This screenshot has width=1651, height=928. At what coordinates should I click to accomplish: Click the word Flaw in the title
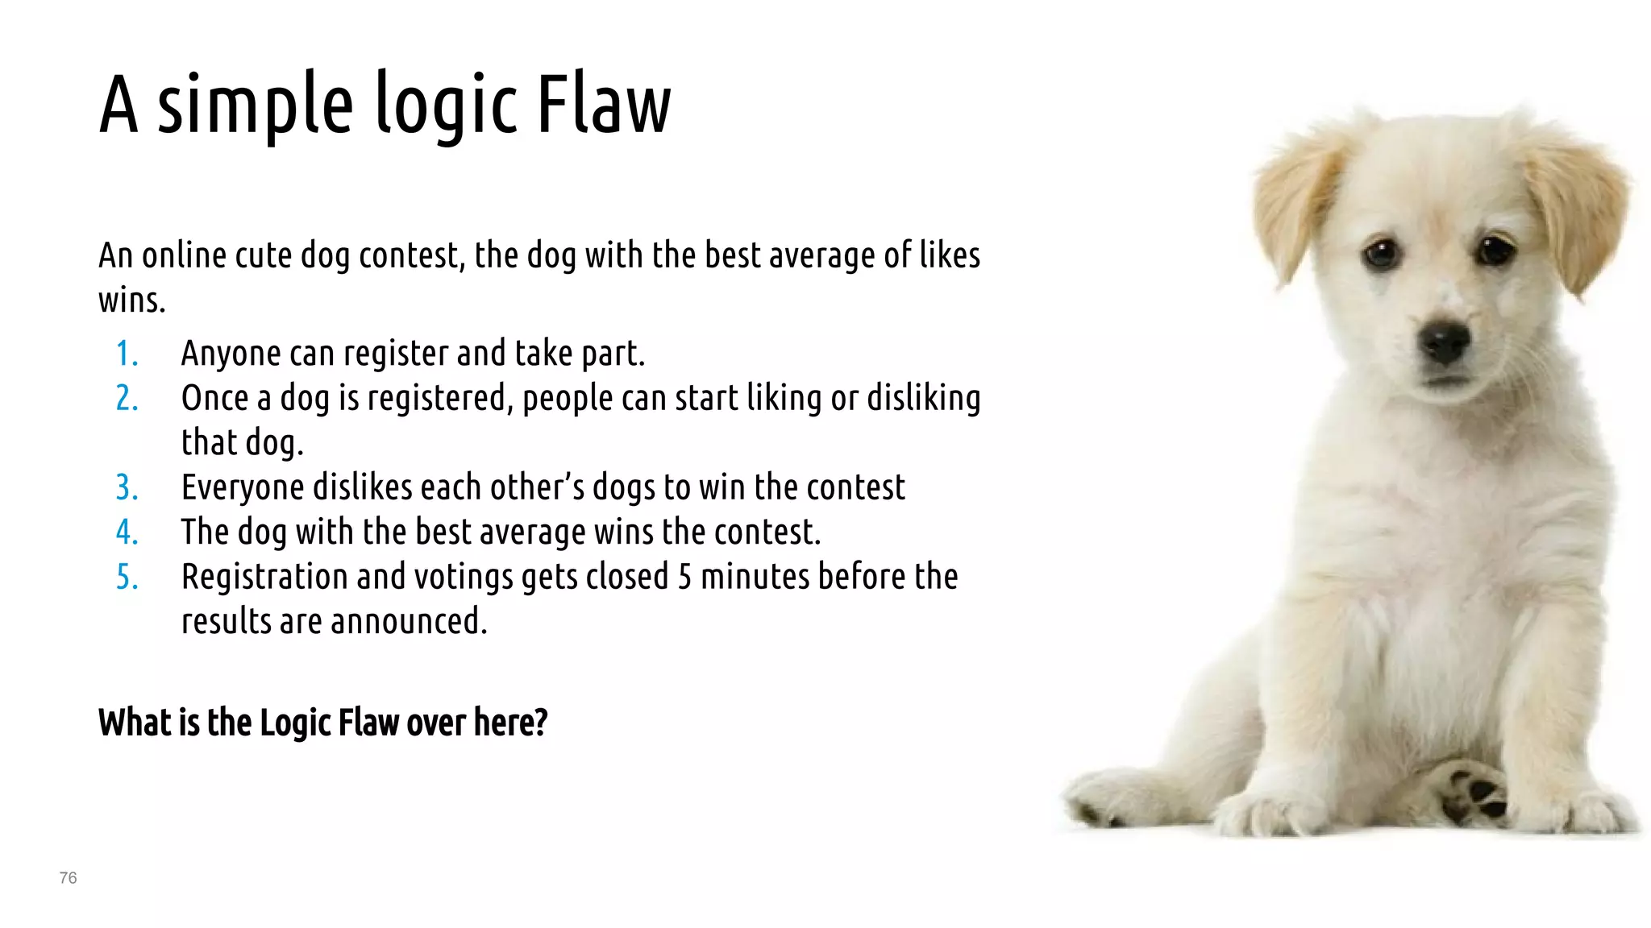603,105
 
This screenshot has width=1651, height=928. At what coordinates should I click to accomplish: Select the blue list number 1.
127,354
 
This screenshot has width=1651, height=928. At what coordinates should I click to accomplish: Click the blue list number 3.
127,487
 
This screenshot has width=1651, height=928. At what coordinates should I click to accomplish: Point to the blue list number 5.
127,577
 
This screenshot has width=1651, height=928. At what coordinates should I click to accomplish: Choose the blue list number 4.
127,532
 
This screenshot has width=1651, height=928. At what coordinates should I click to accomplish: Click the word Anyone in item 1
231,354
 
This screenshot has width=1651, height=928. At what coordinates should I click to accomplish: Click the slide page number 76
68,878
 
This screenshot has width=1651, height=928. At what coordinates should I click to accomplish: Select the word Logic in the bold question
295,723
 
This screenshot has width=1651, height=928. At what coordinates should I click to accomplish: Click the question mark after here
540,722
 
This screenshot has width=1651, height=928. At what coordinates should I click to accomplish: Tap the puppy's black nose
1445,342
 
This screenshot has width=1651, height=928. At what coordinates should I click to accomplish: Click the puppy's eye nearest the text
1382,254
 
